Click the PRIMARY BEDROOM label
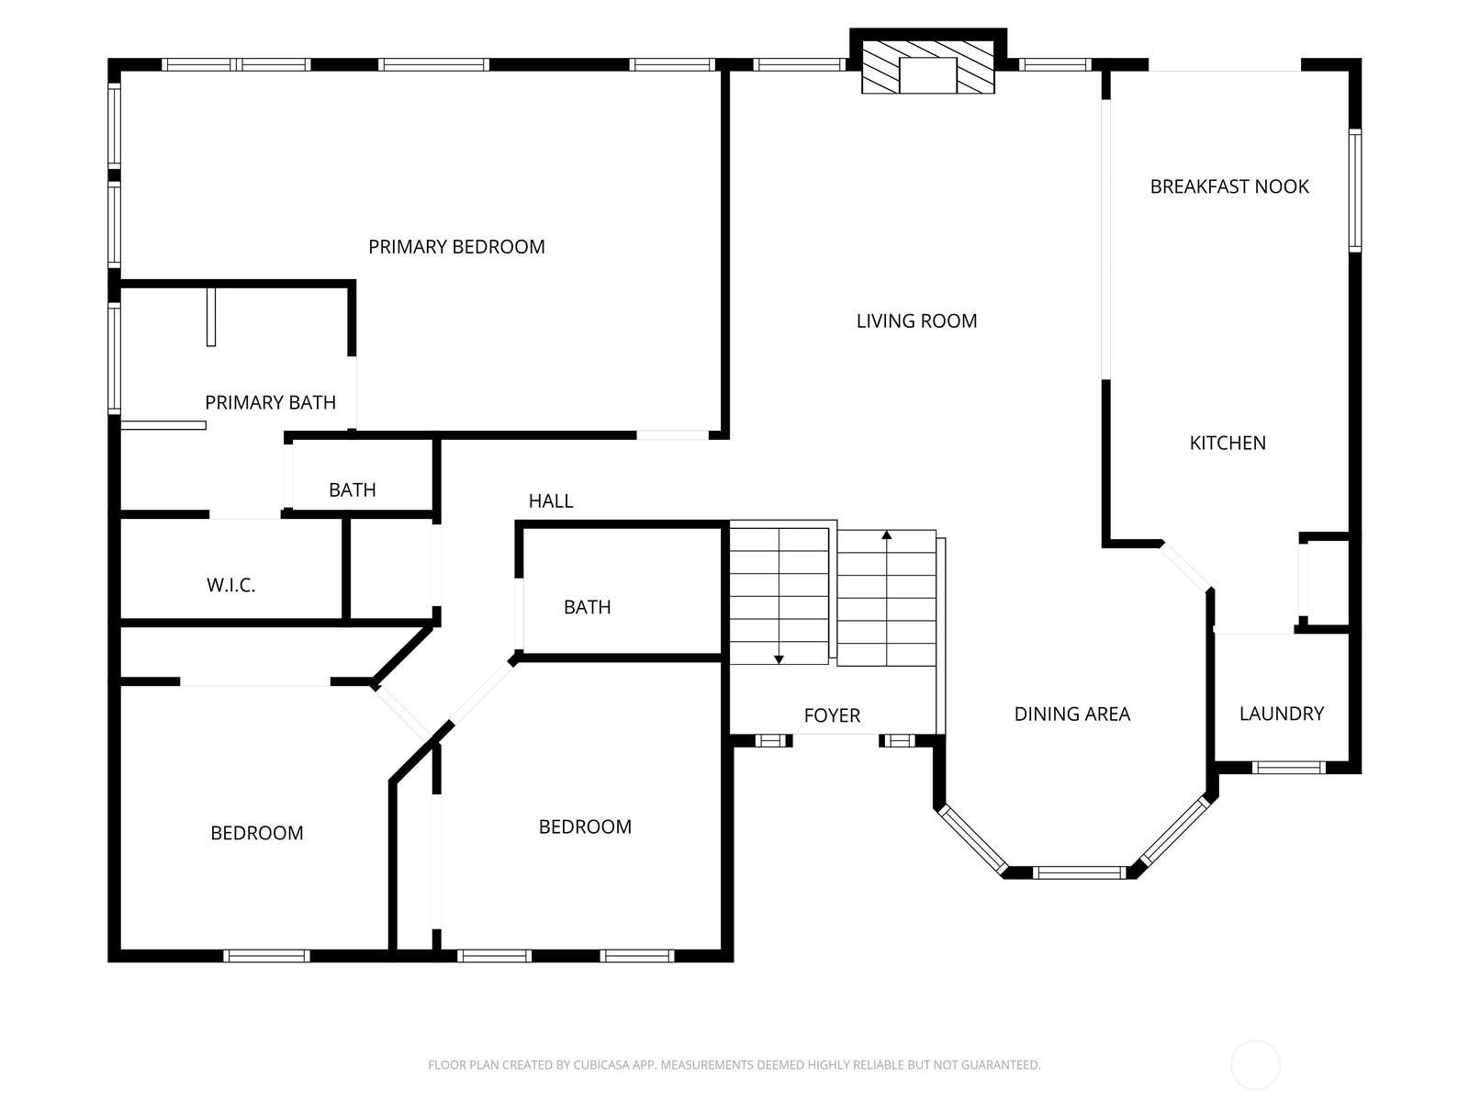[x=456, y=247]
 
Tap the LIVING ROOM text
[x=916, y=321]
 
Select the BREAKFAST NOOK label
[x=1228, y=186]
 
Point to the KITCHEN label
[x=1228, y=443]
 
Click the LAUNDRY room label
[x=1281, y=714]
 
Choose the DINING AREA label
[x=1071, y=714]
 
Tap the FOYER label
[x=832, y=716]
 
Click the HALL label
[x=551, y=501]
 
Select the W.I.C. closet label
[x=230, y=586]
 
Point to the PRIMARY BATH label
[x=270, y=403]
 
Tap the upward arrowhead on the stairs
[x=887, y=534]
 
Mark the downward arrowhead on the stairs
[x=779, y=659]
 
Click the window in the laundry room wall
[x=1289, y=768]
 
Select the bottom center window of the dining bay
[x=1080, y=872]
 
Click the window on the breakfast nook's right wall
[x=1354, y=191]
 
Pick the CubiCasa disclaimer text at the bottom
[x=734, y=1064]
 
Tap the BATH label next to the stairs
[x=587, y=608]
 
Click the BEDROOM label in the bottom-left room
[x=257, y=833]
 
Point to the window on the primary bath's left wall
[x=115, y=359]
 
